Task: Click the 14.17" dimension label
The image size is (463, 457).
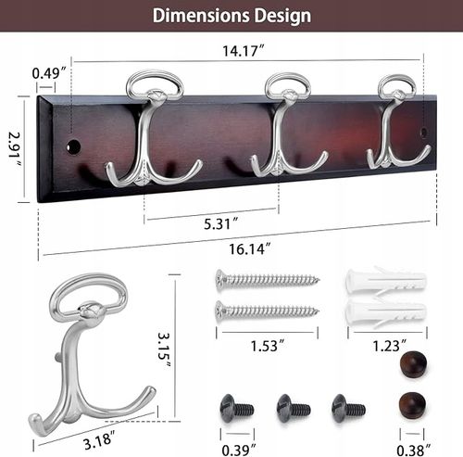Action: pos(244,51)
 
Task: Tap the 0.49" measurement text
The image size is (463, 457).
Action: pos(49,73)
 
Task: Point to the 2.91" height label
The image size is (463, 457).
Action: pos(15,149)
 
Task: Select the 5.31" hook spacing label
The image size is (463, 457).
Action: pos(221,223)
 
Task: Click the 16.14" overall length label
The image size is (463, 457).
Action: pos(250,248)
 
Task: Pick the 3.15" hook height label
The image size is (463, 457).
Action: pos(164,349)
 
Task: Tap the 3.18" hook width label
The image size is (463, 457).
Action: pos(99,439)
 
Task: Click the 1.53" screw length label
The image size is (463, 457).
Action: pos(268,346)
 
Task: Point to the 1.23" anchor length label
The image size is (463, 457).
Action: pos(390,346)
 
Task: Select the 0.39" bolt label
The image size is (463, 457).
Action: pos(239,451)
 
